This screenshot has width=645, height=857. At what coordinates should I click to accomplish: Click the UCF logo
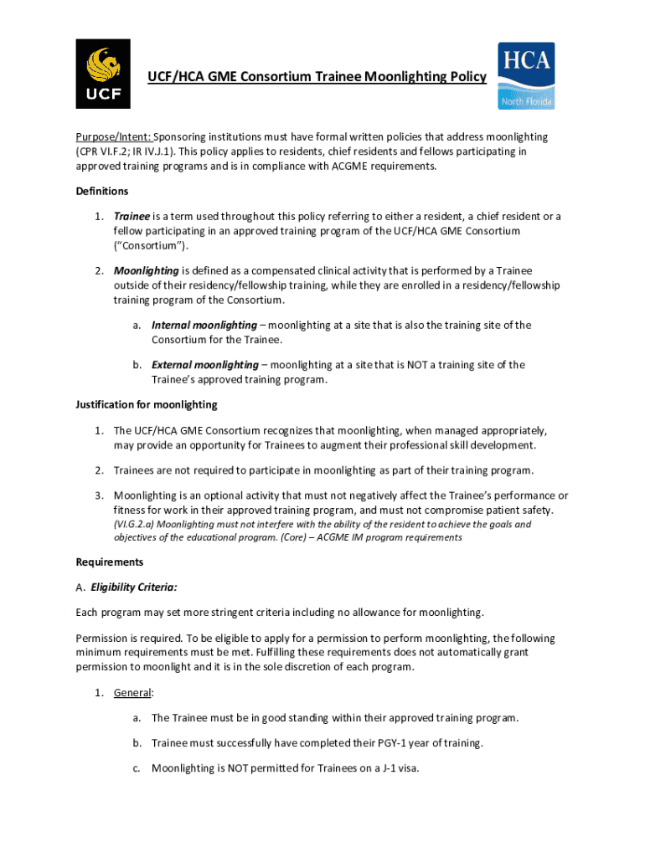click(x=104, y=74)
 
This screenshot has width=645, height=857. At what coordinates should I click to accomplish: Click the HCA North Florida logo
click(x=526, y=75)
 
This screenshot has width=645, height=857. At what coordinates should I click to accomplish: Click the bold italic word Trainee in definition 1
click(x=132, y=216)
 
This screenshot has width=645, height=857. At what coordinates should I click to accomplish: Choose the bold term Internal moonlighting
click(x=204, y=325)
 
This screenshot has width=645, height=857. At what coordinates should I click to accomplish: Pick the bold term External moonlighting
click(x=204, y=365)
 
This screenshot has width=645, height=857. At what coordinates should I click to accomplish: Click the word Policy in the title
click(x=467, y=77)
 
